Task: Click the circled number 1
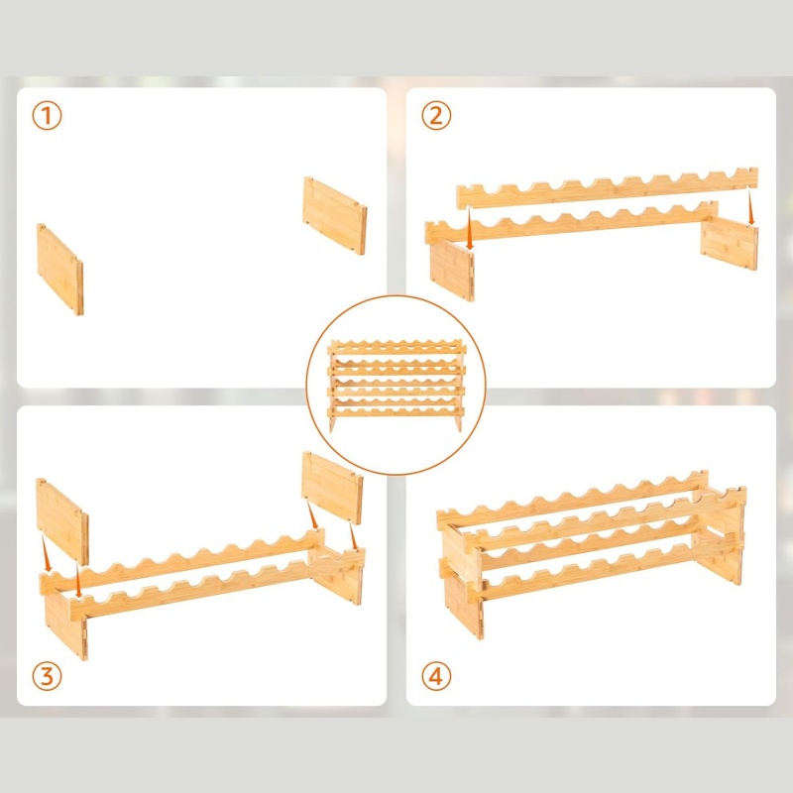click(47, 116)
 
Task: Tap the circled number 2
click(436, 116)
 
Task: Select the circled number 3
click(47, 676)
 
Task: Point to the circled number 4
click(436, 676)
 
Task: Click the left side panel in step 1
click(60, 269)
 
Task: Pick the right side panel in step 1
click(335, 215)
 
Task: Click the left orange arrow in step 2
click(469, 227)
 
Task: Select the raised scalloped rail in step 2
click(608, 188)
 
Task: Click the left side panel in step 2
click(452, 269)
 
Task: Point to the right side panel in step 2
click(730, 244)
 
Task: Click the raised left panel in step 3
click(62, 521)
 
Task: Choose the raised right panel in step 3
click(332, 488)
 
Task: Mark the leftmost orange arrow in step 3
click(46, 554)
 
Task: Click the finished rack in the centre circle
click(396, 386)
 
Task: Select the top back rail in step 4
click(572, 500)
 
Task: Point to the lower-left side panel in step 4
click(464, 606)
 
